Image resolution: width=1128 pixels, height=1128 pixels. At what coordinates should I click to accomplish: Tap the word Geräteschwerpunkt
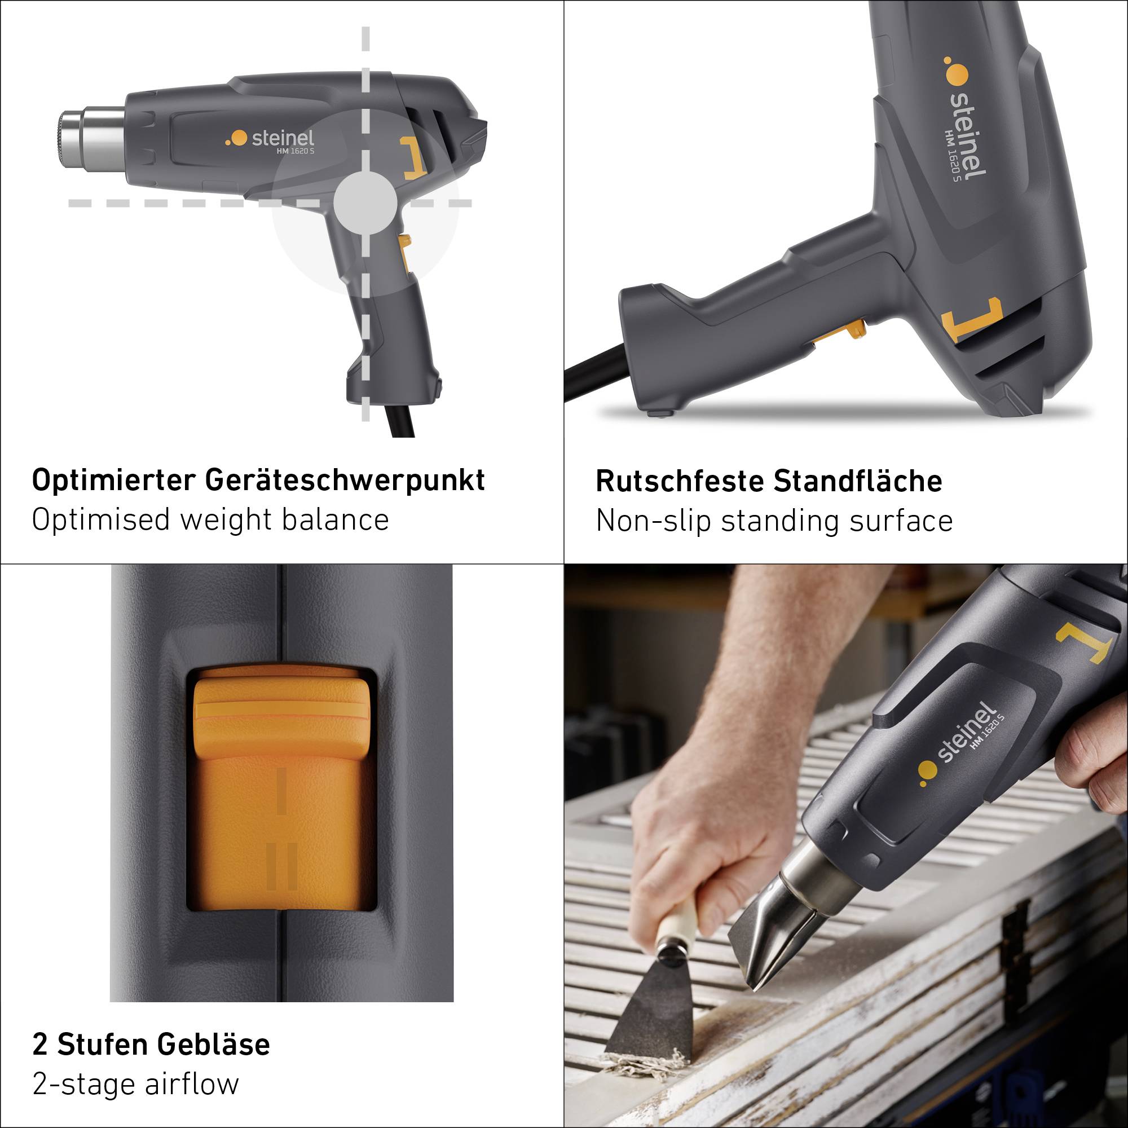point(345,481)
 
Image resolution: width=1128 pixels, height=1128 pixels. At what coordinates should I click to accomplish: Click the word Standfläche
point(858,482)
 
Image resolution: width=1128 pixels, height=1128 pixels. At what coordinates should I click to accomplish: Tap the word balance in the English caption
point(335,519)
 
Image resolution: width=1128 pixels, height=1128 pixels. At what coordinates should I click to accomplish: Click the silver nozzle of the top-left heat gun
point(94,138)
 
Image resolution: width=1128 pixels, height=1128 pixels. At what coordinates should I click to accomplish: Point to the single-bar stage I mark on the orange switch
point(281,792)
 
